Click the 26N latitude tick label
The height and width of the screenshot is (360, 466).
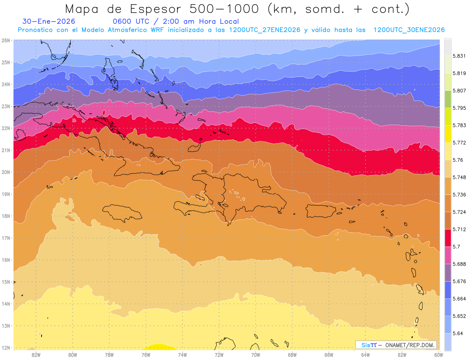5,40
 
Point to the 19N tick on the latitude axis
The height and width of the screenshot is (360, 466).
5,194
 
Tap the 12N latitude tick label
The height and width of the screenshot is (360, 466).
5,348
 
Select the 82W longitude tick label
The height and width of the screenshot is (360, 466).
36,354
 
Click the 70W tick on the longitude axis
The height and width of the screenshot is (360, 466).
256,354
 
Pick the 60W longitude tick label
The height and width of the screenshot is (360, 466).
438,354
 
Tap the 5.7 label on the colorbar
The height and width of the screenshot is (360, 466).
456,247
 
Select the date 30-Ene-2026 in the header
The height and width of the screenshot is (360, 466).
49,22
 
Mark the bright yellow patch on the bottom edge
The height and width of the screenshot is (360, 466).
157,347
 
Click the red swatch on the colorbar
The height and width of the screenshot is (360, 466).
448,238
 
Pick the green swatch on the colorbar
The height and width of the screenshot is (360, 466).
448,99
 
